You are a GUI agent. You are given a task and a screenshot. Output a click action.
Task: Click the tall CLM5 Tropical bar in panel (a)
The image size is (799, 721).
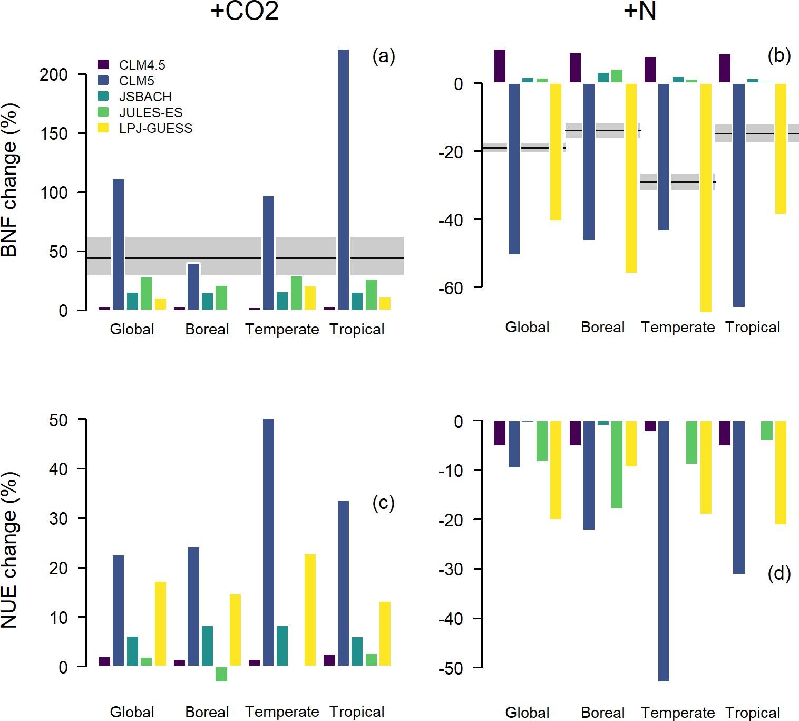[343, 179]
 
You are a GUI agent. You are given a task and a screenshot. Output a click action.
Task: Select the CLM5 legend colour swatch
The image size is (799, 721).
[103, 80]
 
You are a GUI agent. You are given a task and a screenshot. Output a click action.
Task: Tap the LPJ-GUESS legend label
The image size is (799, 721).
[155, 128]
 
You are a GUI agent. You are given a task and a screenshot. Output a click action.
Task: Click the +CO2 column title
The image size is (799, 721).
[244, 11]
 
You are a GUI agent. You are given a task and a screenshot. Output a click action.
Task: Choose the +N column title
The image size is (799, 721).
[640, 11]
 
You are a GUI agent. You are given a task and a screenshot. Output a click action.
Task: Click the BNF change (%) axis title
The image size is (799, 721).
[9, 179]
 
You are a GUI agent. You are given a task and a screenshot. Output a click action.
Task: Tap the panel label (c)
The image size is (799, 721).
[383, 503]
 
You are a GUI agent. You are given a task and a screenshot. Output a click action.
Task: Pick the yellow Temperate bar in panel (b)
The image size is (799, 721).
[706, 198]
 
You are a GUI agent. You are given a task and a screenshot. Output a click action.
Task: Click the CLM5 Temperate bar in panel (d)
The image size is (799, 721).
[664, 551]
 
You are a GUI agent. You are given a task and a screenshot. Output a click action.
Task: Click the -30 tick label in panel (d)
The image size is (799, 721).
[451, 569]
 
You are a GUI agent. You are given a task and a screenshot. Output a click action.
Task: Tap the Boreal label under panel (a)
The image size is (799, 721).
[207, 329]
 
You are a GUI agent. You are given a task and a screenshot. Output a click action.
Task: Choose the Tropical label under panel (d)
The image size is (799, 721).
[753, 712]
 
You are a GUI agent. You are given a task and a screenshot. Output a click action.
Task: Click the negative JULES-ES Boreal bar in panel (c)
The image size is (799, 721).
[221, 674]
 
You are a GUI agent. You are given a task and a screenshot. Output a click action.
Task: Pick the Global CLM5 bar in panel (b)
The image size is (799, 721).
[514, 169]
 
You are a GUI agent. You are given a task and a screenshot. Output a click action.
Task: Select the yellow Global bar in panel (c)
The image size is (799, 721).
[160, 623]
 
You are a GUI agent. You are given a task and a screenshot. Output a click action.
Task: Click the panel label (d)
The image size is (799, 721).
[779, 573]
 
